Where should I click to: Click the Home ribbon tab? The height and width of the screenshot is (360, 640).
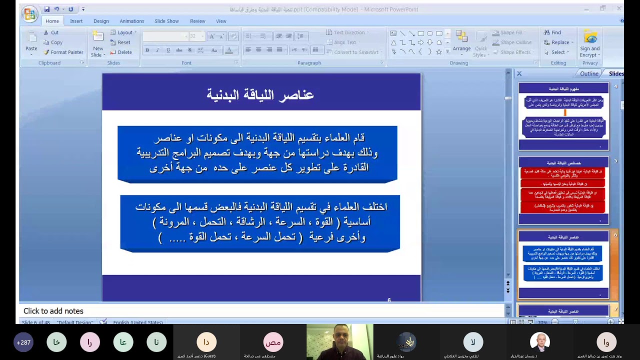click(x=52, y=21)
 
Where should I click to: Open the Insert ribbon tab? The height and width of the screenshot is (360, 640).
click(x=76, y=21)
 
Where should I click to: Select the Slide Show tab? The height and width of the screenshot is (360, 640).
click(x=166, y=21)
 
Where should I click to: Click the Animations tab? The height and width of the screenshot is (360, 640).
click(x=132, y=21)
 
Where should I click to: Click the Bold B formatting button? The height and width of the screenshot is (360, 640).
click(x=147, y=50)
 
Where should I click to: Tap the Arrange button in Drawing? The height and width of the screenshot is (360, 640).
click(x=461, y=42)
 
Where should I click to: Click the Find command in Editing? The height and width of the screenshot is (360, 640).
click(x=553, y=32)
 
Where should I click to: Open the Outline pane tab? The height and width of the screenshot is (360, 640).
click(x=589, y=73)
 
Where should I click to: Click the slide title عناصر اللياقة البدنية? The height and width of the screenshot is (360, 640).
click(x=260, y=94)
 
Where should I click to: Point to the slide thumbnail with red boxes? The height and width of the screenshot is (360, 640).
click(x=563, y=191)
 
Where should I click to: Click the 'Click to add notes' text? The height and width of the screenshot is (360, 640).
click(x=53, y=311)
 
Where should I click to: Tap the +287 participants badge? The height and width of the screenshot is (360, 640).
click(x=23, y=342)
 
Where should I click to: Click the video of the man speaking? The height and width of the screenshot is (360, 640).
click(x=340, y=341)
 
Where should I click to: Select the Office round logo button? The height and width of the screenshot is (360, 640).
click(x=30, y=13)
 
